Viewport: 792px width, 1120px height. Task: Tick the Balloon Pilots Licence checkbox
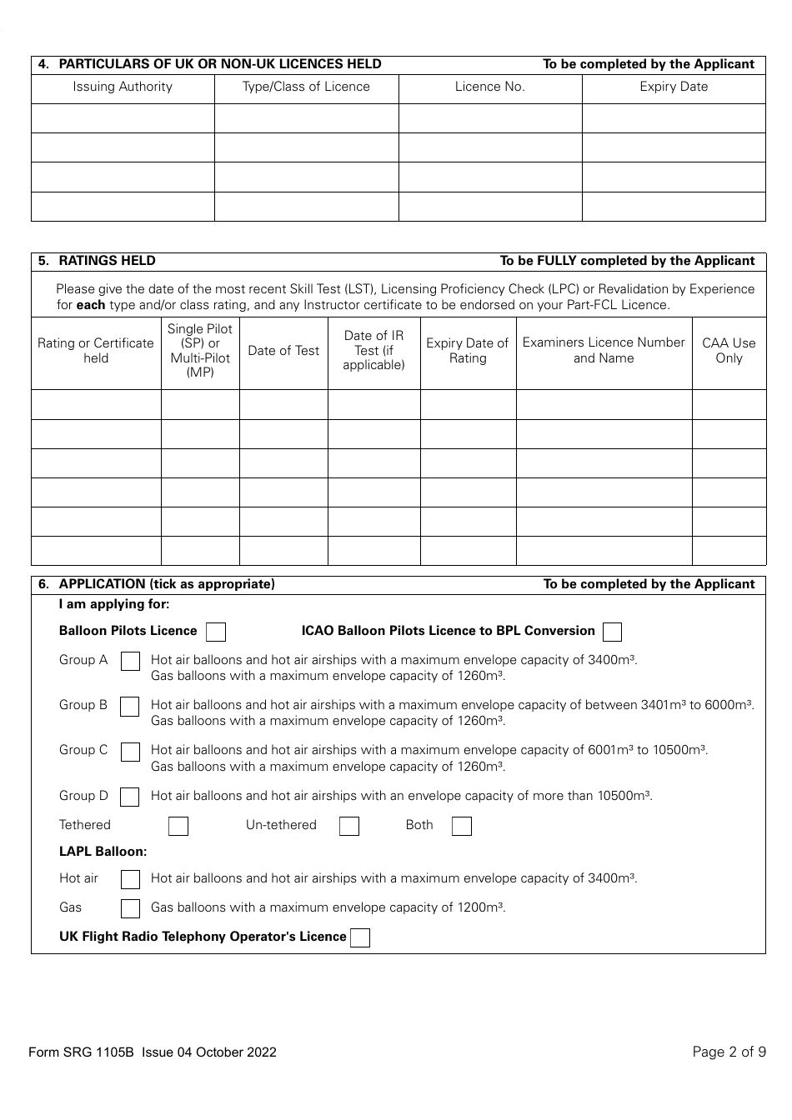point(216,632)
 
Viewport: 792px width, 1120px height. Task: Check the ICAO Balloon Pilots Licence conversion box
point(612,632)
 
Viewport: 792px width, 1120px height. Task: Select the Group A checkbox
point(130,662)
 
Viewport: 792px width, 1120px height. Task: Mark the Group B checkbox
point(130,707)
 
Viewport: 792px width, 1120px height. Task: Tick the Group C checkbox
point(130,752)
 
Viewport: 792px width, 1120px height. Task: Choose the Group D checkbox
point(130,797)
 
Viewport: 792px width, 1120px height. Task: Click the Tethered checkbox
point(178,826)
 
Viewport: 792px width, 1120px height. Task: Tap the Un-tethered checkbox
point(349,826)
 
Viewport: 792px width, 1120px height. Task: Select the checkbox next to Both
point(462,826)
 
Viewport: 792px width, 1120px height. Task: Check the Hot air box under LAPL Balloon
point(130,879)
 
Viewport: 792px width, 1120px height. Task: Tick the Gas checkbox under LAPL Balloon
point(130,908)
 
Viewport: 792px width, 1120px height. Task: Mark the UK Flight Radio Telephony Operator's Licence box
point(360,937)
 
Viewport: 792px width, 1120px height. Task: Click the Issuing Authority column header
point(123,87)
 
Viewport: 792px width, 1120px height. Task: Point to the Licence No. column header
point(490,87)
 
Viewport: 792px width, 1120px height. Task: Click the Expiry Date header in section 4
point(674,87)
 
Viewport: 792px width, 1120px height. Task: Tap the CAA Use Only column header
point(729,351)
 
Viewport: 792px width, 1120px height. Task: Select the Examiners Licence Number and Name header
point(604,351)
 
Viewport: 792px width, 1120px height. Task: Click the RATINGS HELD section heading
point(107,261)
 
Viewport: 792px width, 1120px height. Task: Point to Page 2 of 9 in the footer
point(729,1052)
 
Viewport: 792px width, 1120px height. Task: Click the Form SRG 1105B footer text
point(153,1052)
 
